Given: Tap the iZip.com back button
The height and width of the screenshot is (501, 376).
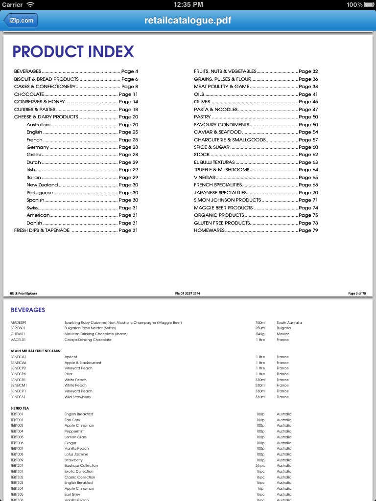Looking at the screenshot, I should coord(21,21).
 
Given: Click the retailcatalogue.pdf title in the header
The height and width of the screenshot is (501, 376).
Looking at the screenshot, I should coord(188,21).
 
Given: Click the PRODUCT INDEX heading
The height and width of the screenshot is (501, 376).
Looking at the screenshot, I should coord(73,52).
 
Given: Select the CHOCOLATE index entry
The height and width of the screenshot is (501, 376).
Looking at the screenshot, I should coord(29,94).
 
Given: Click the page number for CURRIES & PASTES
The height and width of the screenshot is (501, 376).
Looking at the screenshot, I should coord(128,110).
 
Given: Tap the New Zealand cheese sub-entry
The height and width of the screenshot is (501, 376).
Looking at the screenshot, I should coord(42,185).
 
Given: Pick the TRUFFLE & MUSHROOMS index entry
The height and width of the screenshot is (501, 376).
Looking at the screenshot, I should coord(222,170).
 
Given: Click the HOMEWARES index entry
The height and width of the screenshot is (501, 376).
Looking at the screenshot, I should coord(209,230).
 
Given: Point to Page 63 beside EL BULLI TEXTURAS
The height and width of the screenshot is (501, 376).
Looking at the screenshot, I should coord(308,162).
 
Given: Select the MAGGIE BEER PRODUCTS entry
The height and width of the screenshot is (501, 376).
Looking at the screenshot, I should coord(223,208).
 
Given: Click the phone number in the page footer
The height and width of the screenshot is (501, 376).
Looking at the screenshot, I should coord(188,294).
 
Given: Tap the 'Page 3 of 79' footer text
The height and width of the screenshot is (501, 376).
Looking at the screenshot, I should coord(357,294).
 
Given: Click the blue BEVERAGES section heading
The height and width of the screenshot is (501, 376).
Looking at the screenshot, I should coord(28,310).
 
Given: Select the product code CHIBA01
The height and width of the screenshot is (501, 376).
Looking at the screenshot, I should coord(18,334).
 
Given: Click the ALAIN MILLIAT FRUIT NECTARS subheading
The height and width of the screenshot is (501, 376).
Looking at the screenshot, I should coord(35,351).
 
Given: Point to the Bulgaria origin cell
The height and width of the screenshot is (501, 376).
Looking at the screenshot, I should coord(283,328).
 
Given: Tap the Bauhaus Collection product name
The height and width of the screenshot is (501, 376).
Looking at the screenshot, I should coord(81,465).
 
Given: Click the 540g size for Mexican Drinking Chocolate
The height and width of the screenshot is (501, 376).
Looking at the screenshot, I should coord(260,334).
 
